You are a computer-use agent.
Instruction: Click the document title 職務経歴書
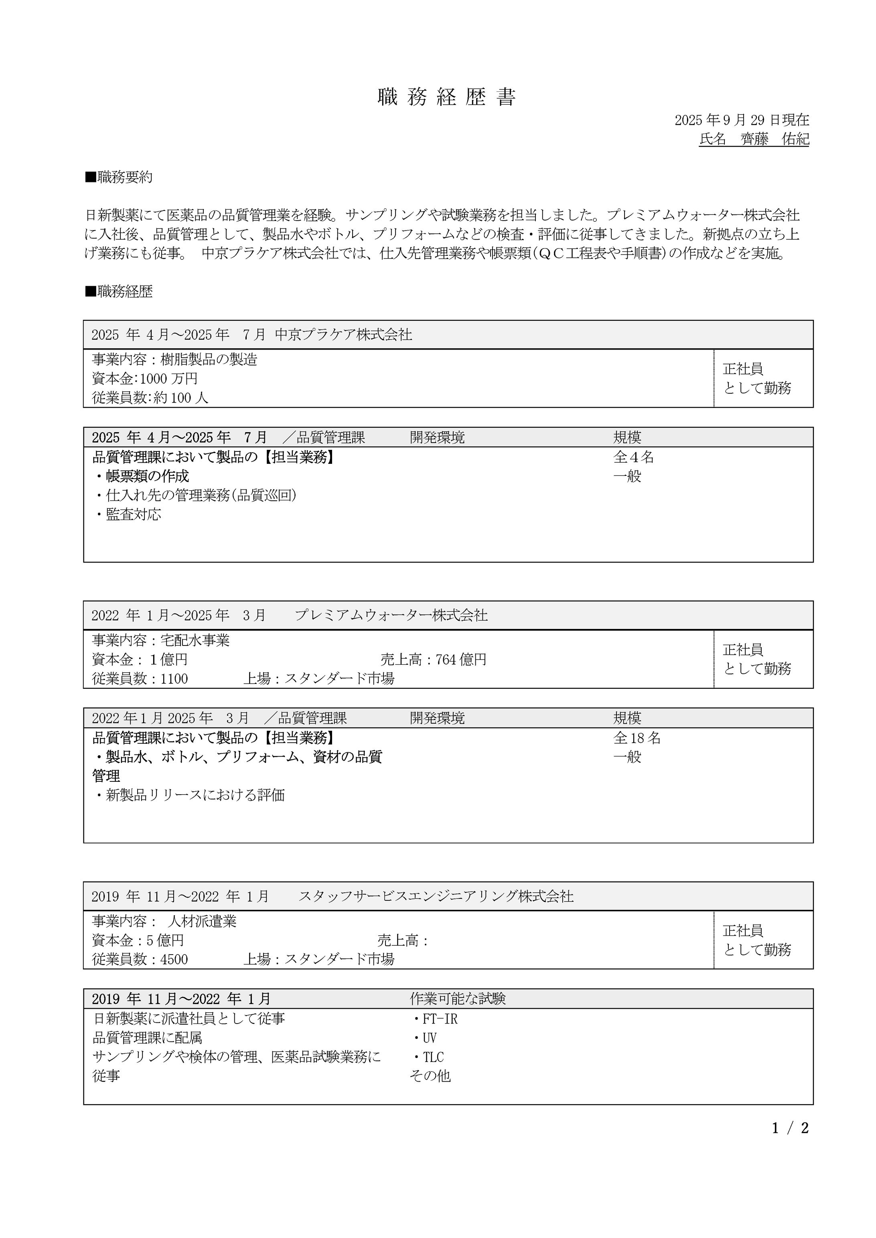point(447,97)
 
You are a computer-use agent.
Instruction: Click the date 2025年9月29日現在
point(742,120)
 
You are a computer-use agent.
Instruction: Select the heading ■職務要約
point(119,177)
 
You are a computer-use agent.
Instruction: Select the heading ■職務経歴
point(119,292)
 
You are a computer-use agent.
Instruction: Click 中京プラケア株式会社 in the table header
point(344,335)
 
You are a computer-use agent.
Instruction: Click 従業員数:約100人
point(150,398)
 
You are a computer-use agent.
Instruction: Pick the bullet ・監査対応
point(128,514)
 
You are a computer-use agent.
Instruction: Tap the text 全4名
point(633,457)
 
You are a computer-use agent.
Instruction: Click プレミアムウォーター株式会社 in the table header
point(391,615)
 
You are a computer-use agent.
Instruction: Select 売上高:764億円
point(433,659)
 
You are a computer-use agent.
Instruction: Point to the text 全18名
point(637,738)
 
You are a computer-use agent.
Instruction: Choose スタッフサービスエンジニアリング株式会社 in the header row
point(436,896)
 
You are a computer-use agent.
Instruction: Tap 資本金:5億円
point(138,941)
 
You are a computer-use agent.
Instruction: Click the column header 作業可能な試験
point(457,999)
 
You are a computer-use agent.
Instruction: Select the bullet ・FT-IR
point(435,1019)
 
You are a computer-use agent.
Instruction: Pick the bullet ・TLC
point(428,1057)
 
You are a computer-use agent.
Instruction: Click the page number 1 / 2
point(790,1128)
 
